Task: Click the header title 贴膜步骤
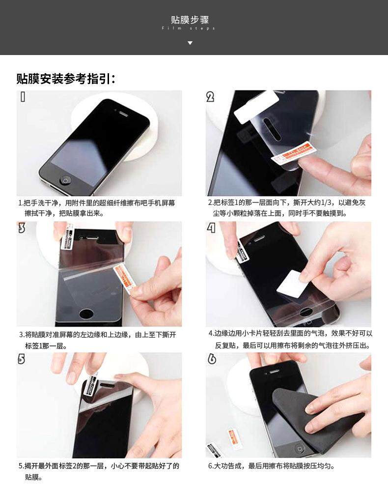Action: click(x=190, y=20)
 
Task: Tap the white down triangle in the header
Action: click(x=190, y=43)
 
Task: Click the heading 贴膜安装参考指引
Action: click(x=66, y=79)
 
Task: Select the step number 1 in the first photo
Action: click(x=23, y=97)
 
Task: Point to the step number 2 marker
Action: click(x=210, y=97)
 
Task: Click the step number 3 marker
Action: click(x=21, y=228)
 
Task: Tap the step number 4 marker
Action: click(x=211, y=228)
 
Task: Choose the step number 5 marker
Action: click(x=21, y=359)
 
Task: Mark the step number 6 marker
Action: click(x=212, y=359)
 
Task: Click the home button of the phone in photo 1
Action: click(x=65, y=180)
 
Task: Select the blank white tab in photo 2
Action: click(x=256, y=107)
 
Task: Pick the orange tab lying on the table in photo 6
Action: click(x=234, y=435)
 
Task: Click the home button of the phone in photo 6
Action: click(x=300, y=449)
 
